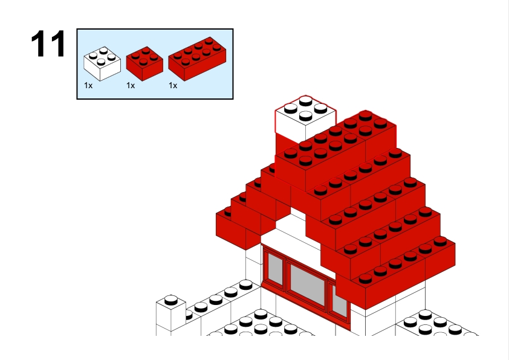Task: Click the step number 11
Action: (x=48, y=43)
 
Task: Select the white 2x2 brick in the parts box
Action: (x=102, y=64)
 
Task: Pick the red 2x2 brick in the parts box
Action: (x=144, y=64)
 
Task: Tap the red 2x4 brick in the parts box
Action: (x=197, y=59)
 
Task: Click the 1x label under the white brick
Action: (x=88, y=86)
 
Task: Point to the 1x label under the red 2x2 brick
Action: (x=131, y=86)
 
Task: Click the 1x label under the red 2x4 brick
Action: (x=173, y=86)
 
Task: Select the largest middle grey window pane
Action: (x=307, y=284)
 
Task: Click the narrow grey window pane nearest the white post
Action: (x=275, y=269)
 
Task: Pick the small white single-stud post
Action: (x=170, y=315)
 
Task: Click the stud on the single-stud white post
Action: (x=171, y=300)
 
